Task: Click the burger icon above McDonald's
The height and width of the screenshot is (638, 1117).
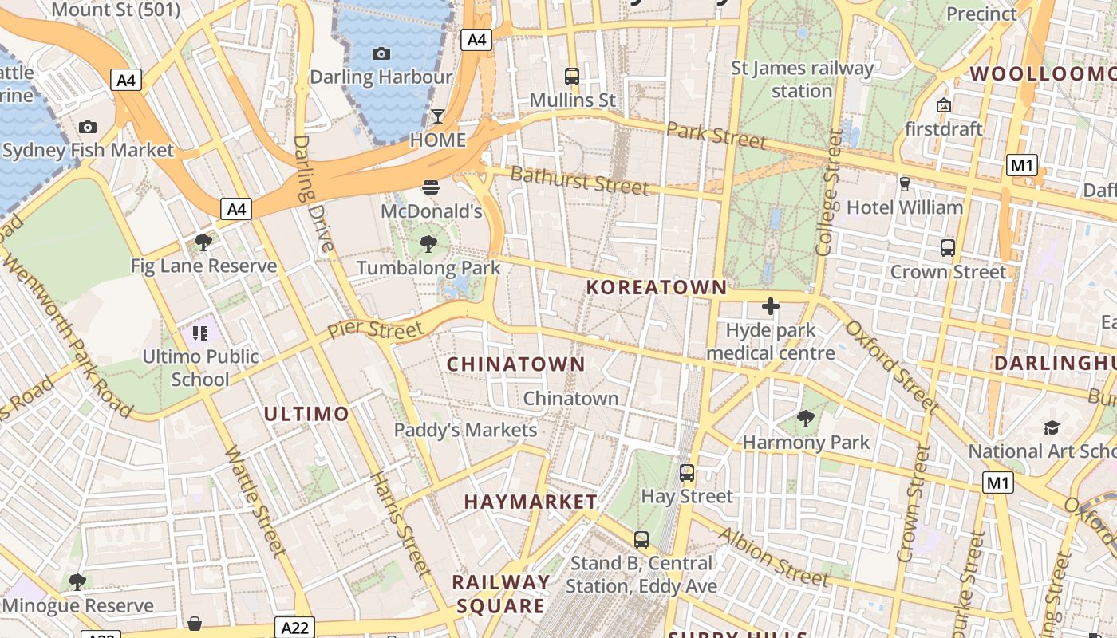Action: point(431,187)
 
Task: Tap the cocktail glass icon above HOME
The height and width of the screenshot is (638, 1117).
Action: point(438,116)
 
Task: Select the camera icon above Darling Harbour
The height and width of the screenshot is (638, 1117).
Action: point(381,53)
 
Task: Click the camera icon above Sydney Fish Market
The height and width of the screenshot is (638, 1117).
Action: point(88,127)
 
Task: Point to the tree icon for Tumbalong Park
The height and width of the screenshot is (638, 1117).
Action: point(428,244)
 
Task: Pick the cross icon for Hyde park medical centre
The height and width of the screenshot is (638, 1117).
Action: point(771,306)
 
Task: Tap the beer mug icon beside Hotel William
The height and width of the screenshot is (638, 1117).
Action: point(904,183)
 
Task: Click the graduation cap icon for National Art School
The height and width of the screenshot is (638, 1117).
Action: point(1052,427)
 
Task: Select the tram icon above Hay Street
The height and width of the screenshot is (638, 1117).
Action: point(687,472)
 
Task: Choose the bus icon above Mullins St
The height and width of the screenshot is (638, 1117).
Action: point(572,77)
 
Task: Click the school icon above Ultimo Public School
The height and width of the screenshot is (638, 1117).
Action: point(200,333)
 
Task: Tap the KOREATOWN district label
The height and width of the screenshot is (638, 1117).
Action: point(657,288)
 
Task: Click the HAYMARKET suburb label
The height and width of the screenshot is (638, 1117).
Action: point(531,502)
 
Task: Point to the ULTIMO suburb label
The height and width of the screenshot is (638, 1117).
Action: point(306,414)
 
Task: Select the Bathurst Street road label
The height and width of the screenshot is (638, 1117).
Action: point(579,180)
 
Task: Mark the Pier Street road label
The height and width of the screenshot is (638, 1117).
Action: point(376,329)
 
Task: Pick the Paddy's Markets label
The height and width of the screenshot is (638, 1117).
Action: point(465,431)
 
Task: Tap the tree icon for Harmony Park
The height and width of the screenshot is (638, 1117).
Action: point(806,418)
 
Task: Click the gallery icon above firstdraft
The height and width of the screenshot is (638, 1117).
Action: point(944,104)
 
